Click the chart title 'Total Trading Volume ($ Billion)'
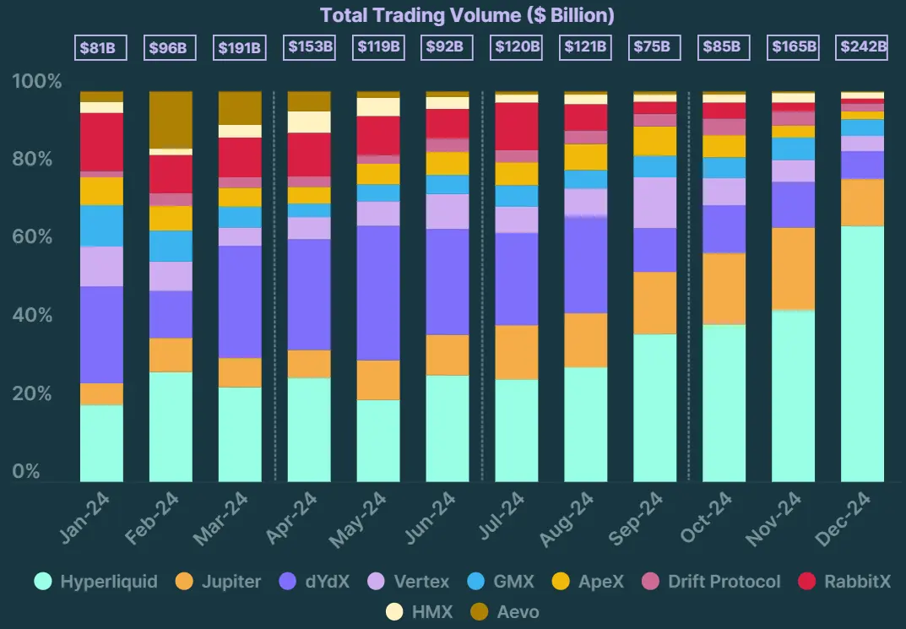click(x=467, y=15)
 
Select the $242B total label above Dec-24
click(x=863, y=47)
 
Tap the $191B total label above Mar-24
click(x=240, y=47)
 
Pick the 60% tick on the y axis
click(x=37, y=237)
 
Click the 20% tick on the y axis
click(x=37, y=394)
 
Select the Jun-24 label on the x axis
click(x=431, y=518)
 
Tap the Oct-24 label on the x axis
click(x=708, y=518)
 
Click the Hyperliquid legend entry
click(x=96, y=582)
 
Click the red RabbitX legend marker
click(x=807, y=582)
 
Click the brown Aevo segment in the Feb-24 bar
click(x=171, y=119)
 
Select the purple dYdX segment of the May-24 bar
click(x=377, y=292)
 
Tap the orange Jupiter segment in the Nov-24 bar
click(x=793, y=268)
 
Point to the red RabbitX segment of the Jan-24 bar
click(x=101, y=141)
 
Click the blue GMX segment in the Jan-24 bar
click(x=101, y=225)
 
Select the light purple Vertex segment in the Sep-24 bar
click(x=655, y=203)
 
